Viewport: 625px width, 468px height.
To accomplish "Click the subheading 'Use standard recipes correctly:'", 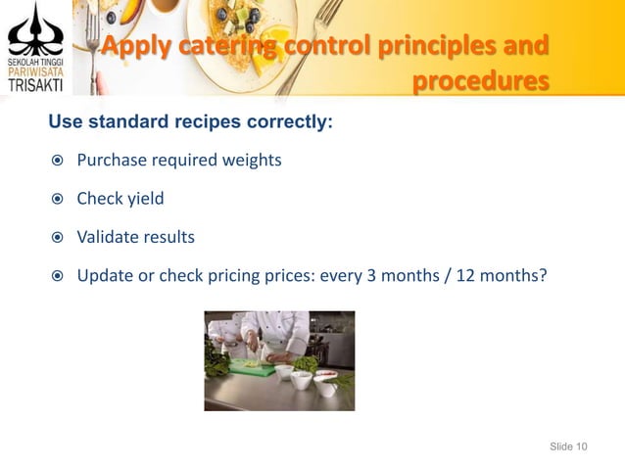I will (x=185, y=123).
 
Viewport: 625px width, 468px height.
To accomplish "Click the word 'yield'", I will (x=145, y=199).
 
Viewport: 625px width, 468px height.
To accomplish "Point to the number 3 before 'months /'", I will (x=371, y=275).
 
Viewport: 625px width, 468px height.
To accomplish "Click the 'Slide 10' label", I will (x=568, y=446).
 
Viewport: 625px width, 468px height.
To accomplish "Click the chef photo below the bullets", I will (x=279, y=360).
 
